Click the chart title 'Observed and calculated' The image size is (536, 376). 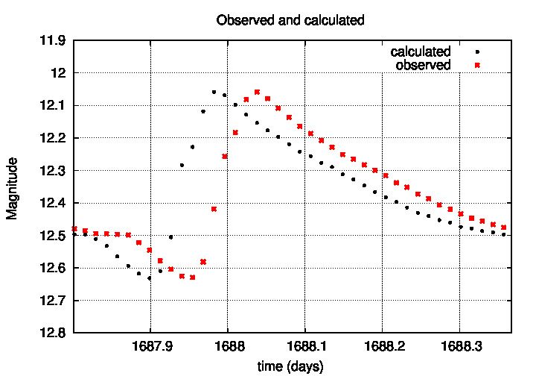(290, 20)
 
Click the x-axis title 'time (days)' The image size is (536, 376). (290, 366)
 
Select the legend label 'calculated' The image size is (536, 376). (421, 51)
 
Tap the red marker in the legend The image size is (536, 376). (477, 65)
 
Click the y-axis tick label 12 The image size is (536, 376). (57, 73)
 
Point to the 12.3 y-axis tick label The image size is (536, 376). (52, 170)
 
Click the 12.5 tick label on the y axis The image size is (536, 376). (52, 236)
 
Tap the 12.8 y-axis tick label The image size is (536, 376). (52, 333)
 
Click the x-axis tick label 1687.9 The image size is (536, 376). (150, 347)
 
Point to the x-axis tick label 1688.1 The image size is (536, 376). (304, 347)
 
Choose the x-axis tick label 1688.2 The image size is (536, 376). (382, 347)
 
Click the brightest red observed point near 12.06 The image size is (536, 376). (257, 92)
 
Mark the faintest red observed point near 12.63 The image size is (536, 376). (192, 277)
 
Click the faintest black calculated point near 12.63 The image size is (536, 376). (149, 278)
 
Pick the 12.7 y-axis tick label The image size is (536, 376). (52, 301)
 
